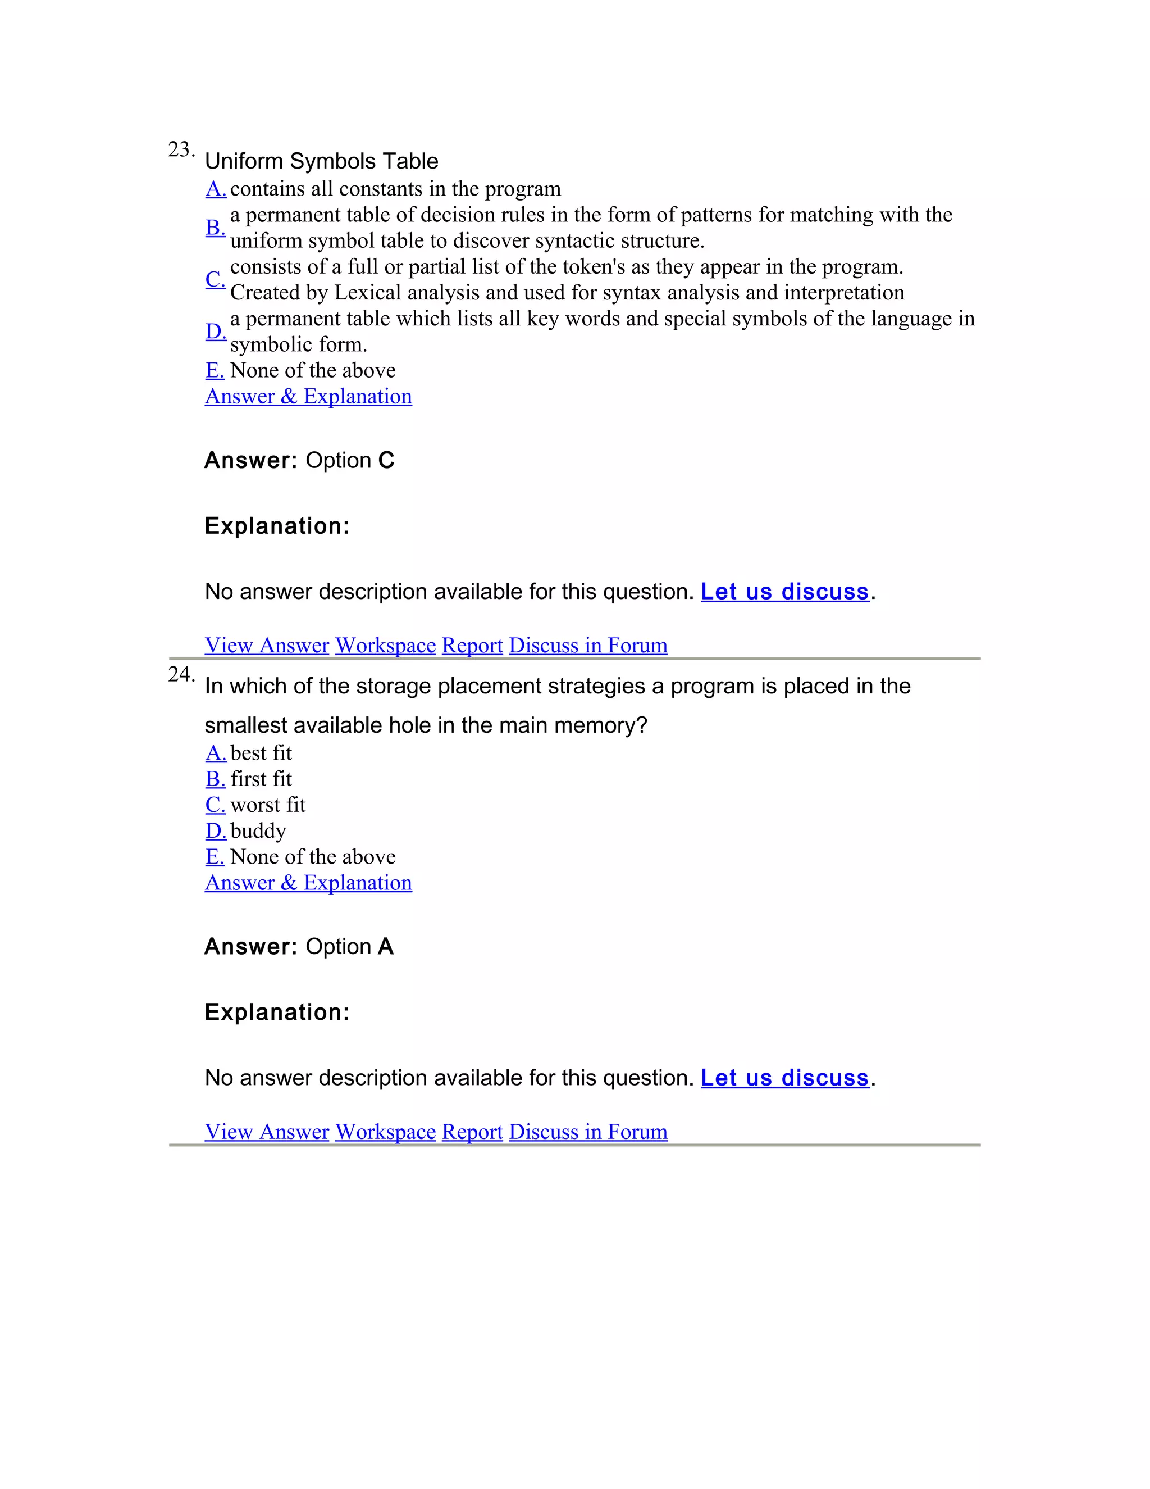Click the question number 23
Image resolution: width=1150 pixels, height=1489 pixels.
point(181,149)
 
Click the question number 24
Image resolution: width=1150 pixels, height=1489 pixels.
point(181,674)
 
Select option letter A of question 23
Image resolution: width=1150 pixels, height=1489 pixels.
point(215,189)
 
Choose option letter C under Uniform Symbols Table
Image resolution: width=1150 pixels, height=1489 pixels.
point(215,279)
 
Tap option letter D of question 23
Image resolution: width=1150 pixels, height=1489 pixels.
point(215,332)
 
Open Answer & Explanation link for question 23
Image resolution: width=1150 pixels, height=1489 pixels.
point(308,396)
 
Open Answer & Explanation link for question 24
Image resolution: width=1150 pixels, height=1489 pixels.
point(308,882)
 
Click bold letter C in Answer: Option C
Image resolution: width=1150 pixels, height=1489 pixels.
point(386,460)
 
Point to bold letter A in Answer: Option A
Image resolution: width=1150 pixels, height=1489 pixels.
point(386,946)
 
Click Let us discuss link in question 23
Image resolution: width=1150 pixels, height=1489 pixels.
point(785,591)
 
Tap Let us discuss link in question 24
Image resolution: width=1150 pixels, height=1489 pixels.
point(785,1077)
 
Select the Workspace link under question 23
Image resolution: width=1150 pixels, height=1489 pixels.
point(385,645)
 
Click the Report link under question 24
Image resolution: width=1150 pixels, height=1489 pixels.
point(472,1131)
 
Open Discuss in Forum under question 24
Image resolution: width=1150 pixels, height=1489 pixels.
point(588,1131)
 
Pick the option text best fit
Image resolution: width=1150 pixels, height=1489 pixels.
point(261,753)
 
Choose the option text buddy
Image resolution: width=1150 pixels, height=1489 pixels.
point(258,830)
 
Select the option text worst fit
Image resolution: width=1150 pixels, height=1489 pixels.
point(268,805)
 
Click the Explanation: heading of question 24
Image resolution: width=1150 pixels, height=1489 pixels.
point(277,1012)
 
